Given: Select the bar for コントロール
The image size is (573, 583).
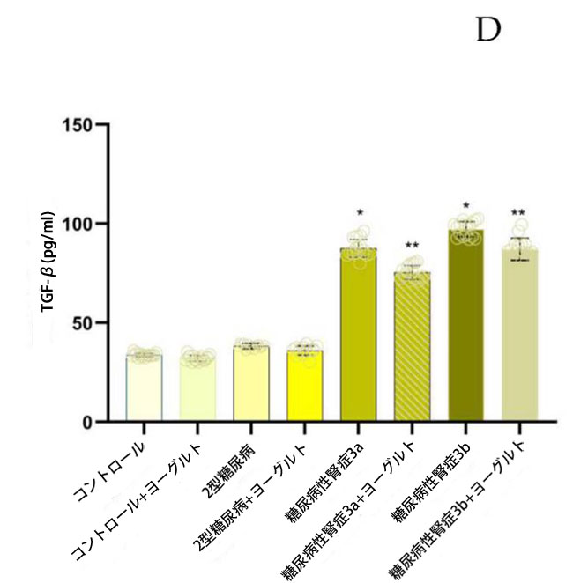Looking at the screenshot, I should click(x=144, y=388).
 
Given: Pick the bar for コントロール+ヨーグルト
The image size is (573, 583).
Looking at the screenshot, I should click(x=197, y=390).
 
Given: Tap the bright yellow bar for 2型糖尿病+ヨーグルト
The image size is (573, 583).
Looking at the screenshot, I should click(x=305, y=387).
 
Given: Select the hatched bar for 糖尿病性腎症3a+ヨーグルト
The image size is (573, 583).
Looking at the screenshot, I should click(x=413, y=348).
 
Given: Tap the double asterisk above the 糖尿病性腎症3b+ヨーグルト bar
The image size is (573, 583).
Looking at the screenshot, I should click(x=519, y=213).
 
